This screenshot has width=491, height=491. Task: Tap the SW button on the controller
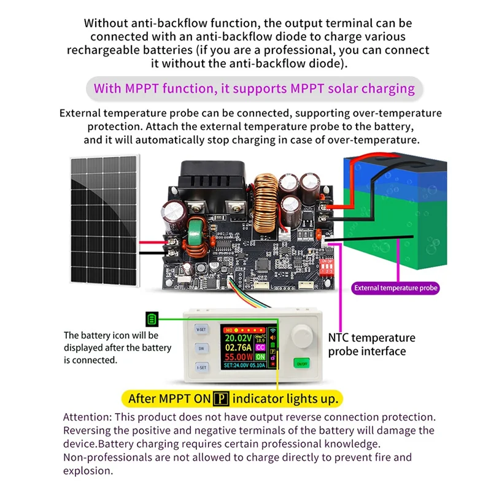201,348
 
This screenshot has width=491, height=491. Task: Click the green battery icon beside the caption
152,319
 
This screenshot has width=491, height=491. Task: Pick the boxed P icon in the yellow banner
219,399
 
